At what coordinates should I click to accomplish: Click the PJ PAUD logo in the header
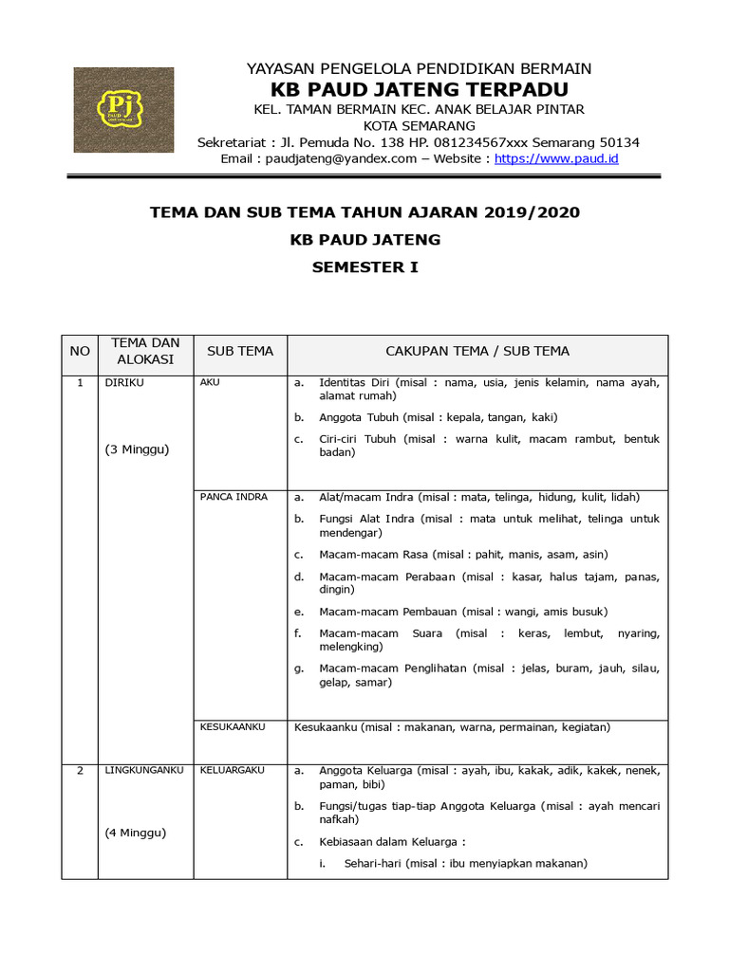tap(123, 110)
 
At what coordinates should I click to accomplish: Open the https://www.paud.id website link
tap(556, 158)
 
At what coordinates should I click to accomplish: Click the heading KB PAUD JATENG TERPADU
tap(420, 90)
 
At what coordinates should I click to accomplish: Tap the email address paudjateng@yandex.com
tap(336, 158)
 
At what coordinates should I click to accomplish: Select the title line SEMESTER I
tap(364, 267)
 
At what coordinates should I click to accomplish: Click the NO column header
tap(80, 351)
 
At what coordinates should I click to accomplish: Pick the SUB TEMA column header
tap(240, 351)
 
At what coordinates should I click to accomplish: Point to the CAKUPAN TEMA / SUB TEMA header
tap(477, 351)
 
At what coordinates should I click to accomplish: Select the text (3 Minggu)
tap(137, 449)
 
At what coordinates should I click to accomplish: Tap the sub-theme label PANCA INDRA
tap(234, 496)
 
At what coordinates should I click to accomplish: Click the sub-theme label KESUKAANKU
tap(232, 726)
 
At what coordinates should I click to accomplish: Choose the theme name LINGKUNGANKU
tap(143, 770)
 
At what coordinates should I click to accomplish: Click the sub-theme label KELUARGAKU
tap(232, 770)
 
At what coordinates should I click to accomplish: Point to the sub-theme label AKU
tap(210, 382)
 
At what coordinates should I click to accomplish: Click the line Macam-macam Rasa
tap(450, 554)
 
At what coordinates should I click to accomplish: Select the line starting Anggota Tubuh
tap(438, 417)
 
